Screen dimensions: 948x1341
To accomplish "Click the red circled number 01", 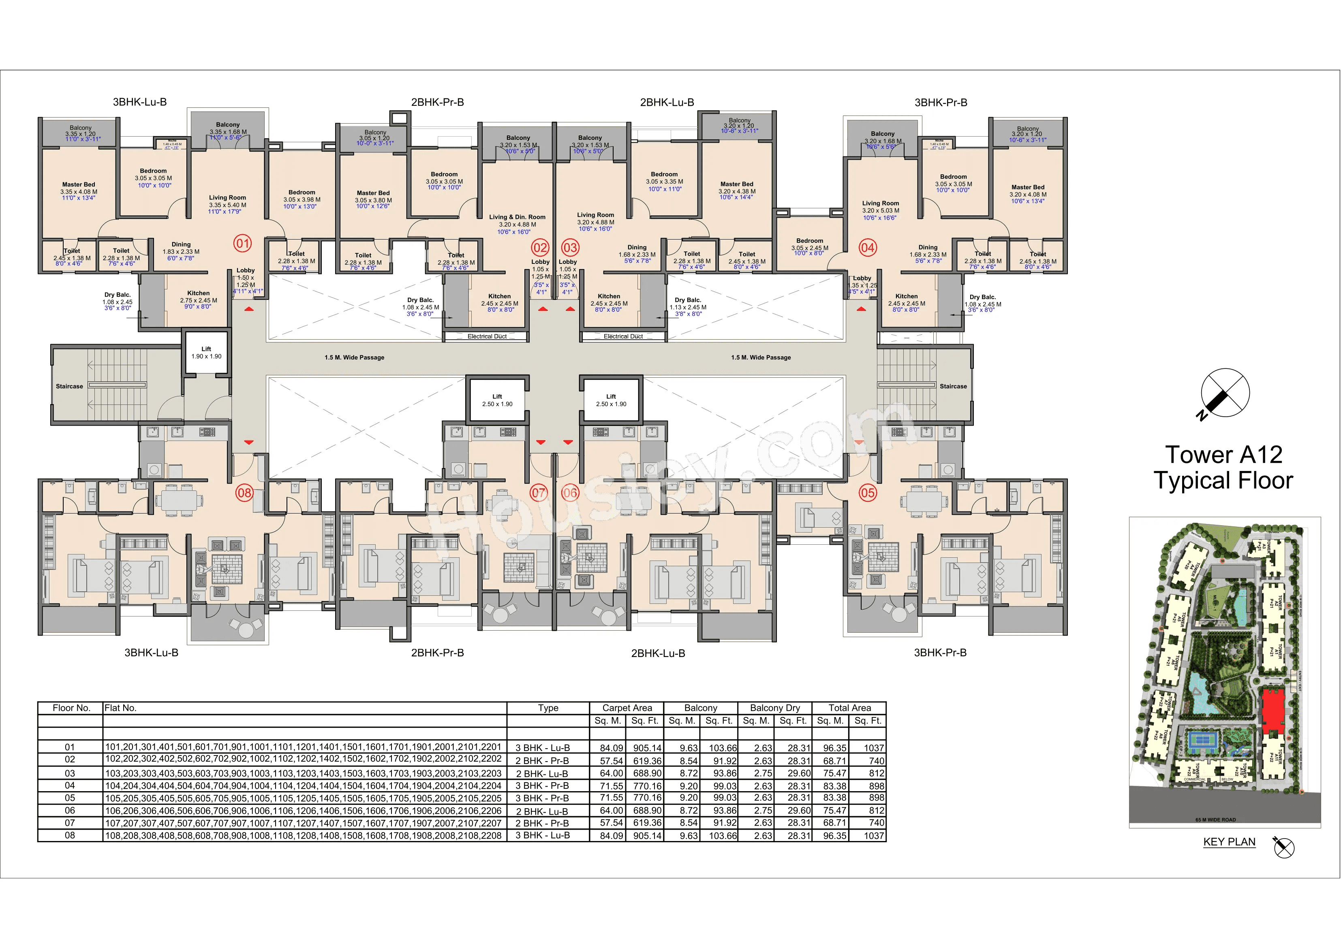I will [x=242, y=243].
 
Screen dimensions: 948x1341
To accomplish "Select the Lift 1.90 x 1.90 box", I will [x=206, y=352].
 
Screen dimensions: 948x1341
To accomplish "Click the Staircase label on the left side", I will [x=70, y=386].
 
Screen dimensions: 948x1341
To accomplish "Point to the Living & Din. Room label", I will [x=517, y=217].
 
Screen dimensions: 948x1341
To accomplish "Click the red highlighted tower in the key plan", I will [x=1273, y=711].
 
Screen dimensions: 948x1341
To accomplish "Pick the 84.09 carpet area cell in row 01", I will [x=611, y=748].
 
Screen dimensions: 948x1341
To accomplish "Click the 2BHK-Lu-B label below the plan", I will [x=658, y=653].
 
